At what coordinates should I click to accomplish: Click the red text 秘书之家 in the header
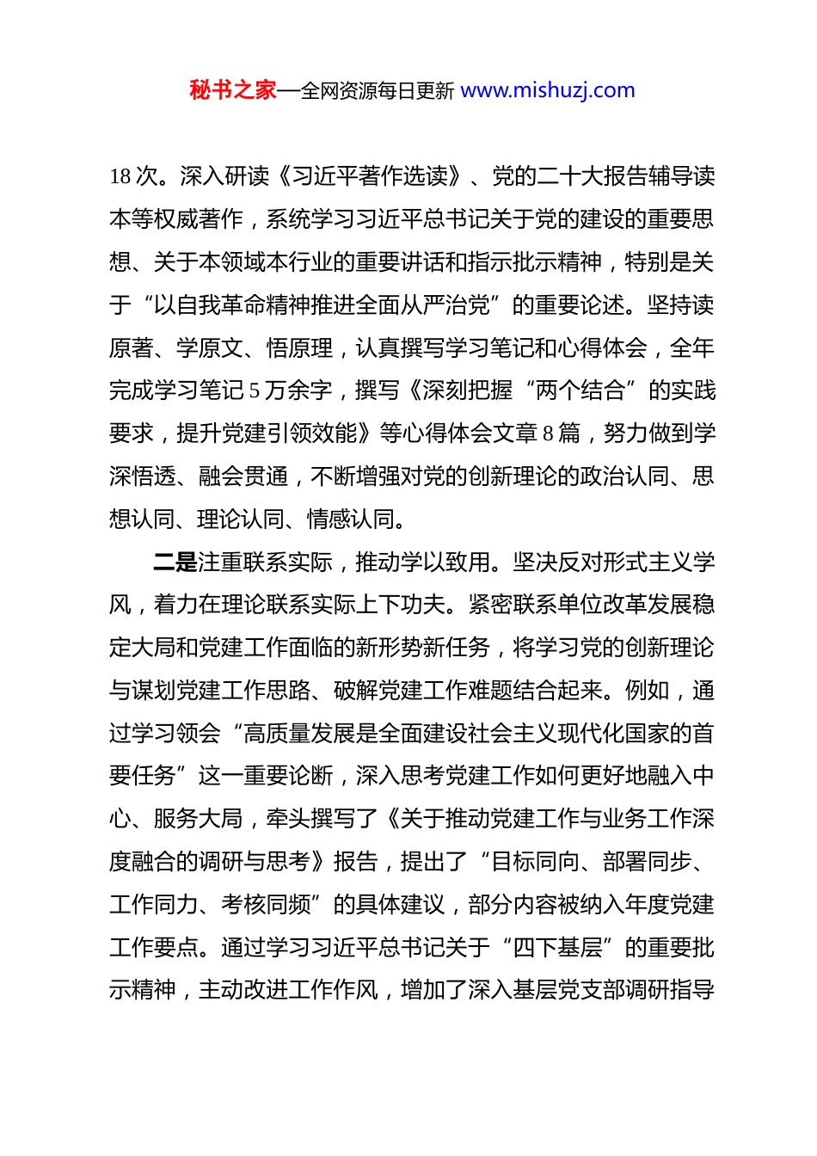(x=233, y=90)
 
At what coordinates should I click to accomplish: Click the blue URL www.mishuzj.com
(x=548, y=90)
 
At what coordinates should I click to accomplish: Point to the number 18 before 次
(x=120, y=176)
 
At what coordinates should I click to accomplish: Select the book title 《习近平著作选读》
(x=371, y=176)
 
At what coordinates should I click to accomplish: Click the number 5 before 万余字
(x=255, y=390)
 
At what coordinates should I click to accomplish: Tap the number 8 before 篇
(x=548, y=433)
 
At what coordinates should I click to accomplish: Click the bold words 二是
(x=175, y=562)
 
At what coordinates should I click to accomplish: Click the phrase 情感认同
(x=352, y=519)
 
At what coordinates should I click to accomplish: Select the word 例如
(x=647, y=690)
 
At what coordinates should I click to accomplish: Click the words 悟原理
(x=299, y=347)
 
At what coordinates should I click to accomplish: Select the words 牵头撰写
(x=310, y=818)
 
